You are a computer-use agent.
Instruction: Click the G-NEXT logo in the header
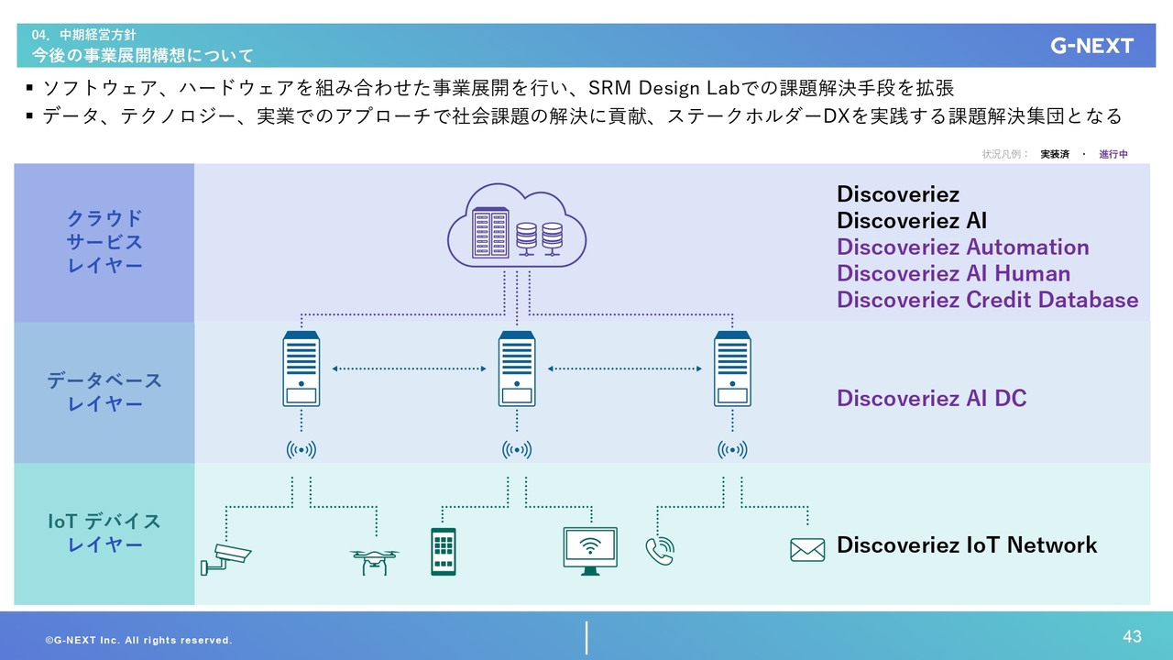pos(1091,46)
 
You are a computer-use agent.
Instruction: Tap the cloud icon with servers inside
pos(517,225)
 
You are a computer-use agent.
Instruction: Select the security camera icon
pos(225,559)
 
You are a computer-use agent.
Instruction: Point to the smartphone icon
pos(443,552)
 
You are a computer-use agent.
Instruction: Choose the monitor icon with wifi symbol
pos(590,551)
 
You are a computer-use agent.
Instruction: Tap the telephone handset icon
pos(660,551)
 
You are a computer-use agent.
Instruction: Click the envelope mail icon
pos(807,550)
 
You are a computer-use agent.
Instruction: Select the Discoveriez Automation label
pos(962,247)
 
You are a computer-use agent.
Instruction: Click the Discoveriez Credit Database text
pos(987,300)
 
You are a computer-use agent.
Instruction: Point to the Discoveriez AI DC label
pos(932,399)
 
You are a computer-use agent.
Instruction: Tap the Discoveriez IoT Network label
pos(967,545)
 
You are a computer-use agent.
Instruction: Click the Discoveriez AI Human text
pos(953,273)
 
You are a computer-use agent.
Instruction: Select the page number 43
pos(1132,636)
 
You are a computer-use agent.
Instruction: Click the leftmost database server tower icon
pos(301,368)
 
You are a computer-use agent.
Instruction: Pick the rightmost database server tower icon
pos(732,368)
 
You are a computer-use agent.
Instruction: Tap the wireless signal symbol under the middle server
pos(517,450)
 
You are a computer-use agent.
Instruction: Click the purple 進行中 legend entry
pos(1113,154)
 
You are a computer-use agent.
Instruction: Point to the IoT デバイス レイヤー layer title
pos(104,533)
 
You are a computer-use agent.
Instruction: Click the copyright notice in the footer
pos(138,640)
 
